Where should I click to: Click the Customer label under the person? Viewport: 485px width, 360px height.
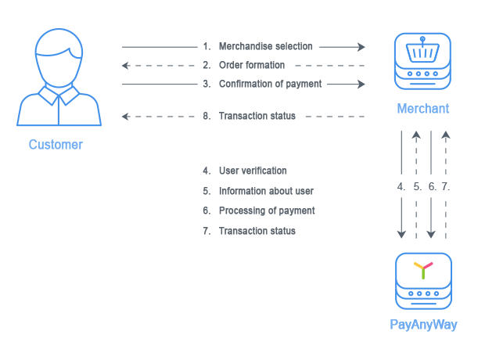pos(56,145)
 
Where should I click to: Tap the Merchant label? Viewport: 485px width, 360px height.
pos(423,109)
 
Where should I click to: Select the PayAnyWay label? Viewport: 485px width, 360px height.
pos(423,325)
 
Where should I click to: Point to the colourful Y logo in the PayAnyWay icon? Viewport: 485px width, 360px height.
pos(423,270)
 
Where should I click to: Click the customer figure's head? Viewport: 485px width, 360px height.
pos(59,58)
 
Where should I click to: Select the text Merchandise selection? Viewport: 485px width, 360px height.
pos(266,46)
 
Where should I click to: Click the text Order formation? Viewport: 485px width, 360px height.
pos(252,65)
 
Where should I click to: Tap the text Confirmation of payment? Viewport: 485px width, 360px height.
pos(271,84)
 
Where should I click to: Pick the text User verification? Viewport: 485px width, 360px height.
pos(253,171)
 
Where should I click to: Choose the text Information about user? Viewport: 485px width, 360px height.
pos(266,191)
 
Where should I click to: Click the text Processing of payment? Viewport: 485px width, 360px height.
pos(267,211)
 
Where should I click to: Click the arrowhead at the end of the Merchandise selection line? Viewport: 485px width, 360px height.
pos(361,47)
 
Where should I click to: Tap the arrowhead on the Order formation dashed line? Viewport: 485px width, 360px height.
pos(126,66)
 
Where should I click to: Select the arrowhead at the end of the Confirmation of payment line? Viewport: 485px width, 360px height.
pos(361,84)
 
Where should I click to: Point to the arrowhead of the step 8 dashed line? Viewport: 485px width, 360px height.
pos(126,117)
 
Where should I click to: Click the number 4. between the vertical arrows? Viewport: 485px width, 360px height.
pos(401,187)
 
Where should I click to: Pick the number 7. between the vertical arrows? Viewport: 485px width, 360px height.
pos(445,187)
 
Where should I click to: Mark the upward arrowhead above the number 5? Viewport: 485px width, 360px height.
pos(416,135)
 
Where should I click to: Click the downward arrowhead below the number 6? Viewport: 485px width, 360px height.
pos(431,234)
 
